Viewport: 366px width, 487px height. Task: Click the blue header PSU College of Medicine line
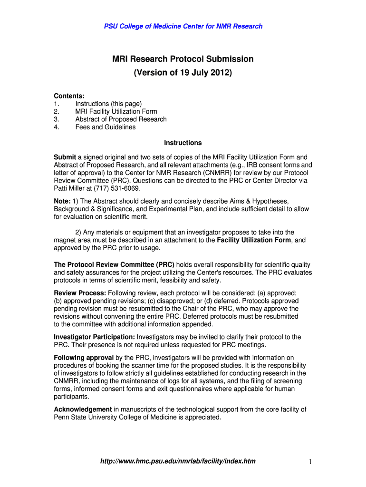(183, 26)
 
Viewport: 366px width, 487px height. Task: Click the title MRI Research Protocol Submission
(183, 59)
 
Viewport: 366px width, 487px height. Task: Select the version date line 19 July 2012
(183, 73)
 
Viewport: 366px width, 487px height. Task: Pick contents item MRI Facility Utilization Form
(116, 111)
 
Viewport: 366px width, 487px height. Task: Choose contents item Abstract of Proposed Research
(121, 119)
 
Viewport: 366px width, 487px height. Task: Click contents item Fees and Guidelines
(105, 127)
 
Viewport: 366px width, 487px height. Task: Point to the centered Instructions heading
(183, 143)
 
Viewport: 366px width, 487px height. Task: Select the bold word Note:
(62, 201)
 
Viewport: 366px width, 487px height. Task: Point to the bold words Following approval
(84, 358)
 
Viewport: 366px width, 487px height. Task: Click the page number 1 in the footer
(309, 462)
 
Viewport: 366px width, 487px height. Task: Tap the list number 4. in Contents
(57, 127)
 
